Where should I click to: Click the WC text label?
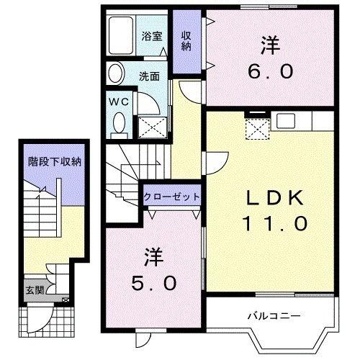[x=118, y=101]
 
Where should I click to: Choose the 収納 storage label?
[x=186, y=40]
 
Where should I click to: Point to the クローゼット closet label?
[x=171, y=197]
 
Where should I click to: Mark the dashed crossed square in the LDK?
[x=256, y=130]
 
